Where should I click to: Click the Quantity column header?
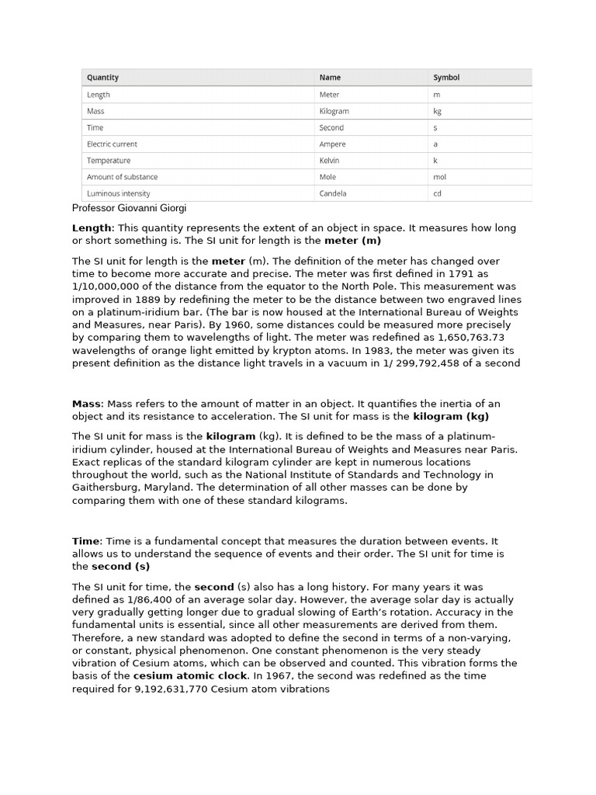[x=102, y=78]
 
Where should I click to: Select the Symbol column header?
[x=446, y=78]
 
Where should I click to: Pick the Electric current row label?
[x=112, y=144]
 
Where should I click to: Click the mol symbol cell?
[x=439, y=177]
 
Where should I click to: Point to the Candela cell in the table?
[x=333, y=193]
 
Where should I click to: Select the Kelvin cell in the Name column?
[x=331, y=161]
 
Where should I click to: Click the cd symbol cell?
[x=437, y=193]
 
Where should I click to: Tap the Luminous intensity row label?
[x=118, y=193]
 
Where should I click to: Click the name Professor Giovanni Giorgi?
[x=129, y=208]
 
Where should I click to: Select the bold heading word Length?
[x=92, y=228]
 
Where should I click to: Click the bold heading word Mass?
[x=86, y=404]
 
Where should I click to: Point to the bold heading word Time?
[x=85, y=541]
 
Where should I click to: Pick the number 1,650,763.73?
[x=471, y=338]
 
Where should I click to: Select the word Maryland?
[x=166, y=488]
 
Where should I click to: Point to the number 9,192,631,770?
[x=171, y=689]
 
